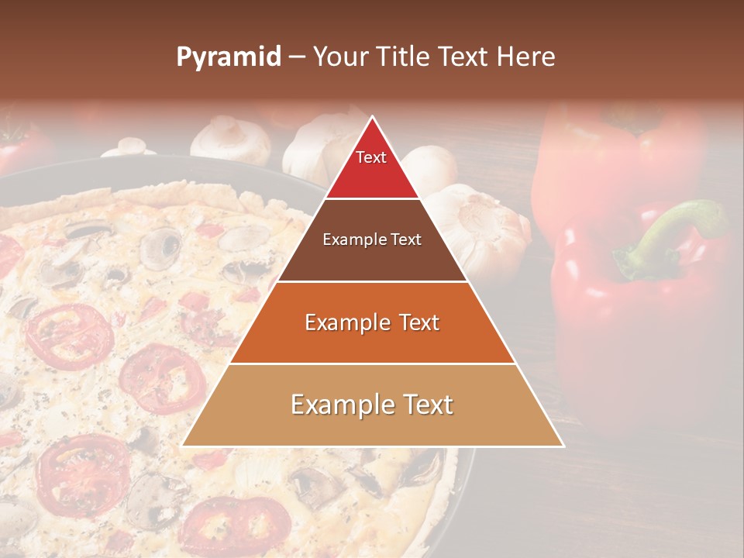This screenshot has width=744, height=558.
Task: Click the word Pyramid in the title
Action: point(228,57)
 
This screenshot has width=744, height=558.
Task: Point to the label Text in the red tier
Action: point(371,157)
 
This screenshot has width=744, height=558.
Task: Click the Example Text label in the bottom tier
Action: point(372,405)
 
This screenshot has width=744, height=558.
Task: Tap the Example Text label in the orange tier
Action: point(372,322)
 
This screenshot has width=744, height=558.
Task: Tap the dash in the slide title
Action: point(296,57)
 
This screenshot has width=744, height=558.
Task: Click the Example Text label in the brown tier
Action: point(372,239)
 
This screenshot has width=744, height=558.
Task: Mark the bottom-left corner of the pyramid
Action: point(183,446)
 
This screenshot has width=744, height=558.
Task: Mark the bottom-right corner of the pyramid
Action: point(563,446)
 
